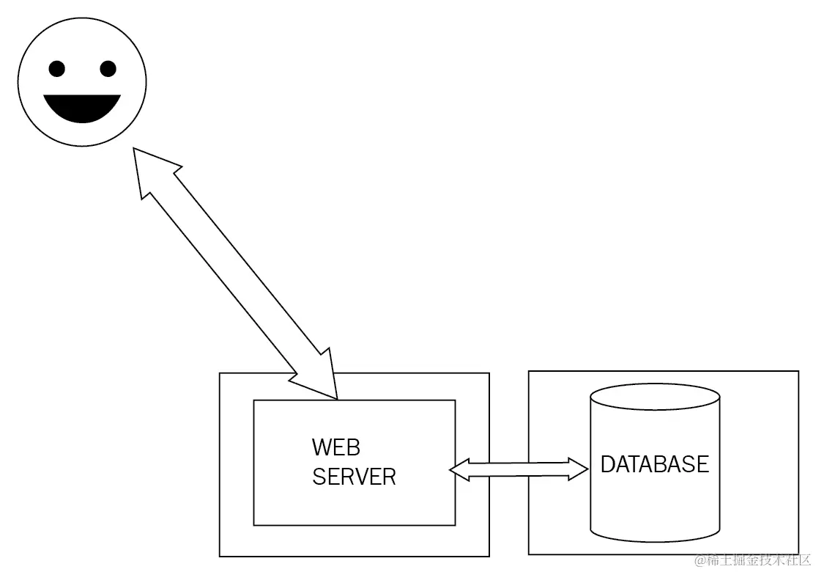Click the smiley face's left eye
coord(57,70)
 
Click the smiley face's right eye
coord(108,70)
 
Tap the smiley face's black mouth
coord(82,107)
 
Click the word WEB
coord(336,447)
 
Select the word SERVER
coord(354,477)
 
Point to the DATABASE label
coord(655,464)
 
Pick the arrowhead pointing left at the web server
coord(461,469)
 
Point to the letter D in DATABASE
coord(608,464)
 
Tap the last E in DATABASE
coord(702,464)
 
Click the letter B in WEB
coord(352,447)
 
